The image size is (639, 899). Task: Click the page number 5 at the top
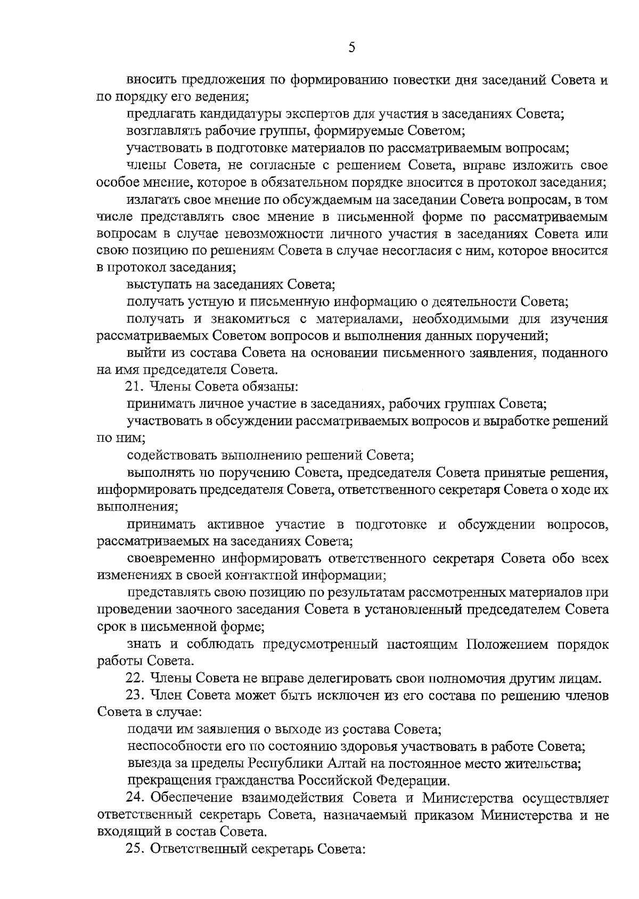coord(351,48)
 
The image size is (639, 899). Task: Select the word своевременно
coord(171,559)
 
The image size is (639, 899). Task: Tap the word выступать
coord(158,285)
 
